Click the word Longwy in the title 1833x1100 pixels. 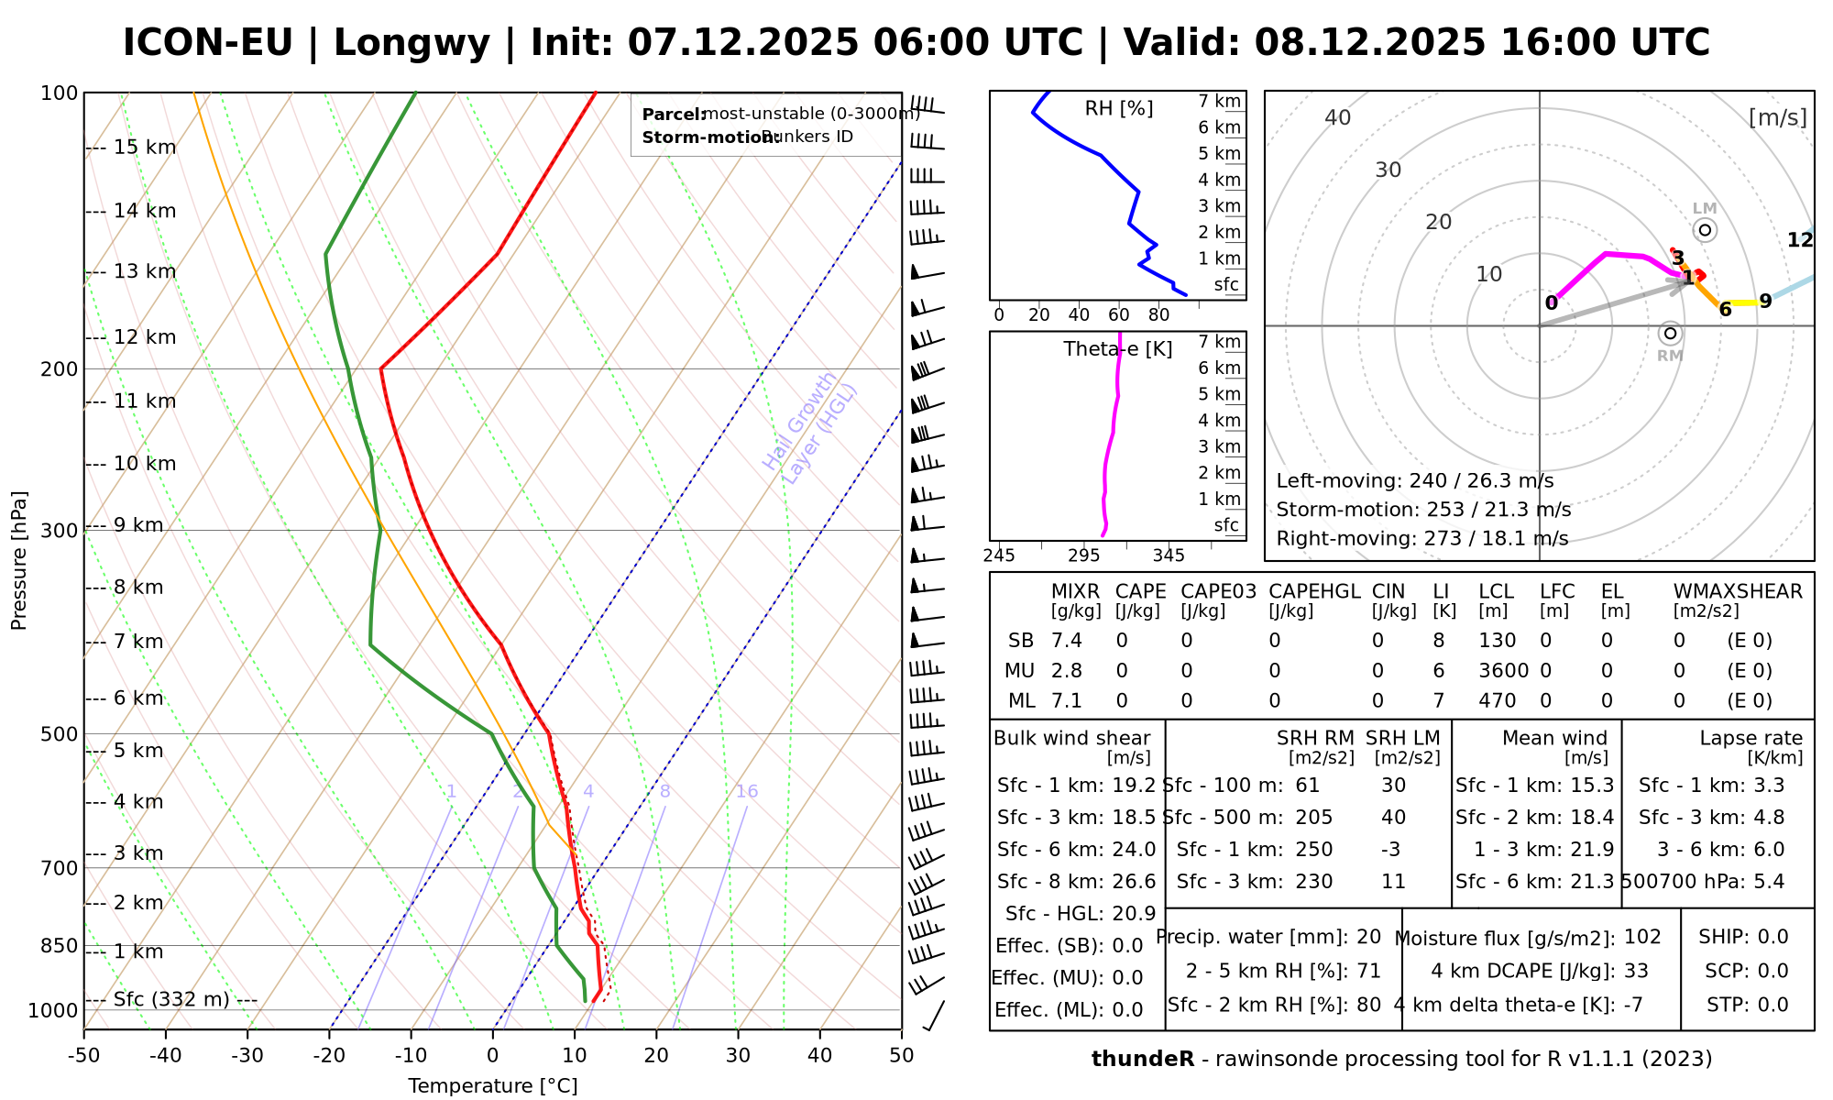click(x=412, y=43)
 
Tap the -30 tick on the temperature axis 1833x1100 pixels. click(x=247, y=1056)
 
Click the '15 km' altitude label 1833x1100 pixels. click(x=145, y=148)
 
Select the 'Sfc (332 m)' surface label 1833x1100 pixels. click(x=171, y=999)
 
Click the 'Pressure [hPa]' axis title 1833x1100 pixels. click(x=19, y=560)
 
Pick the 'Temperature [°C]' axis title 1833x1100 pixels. click(x=492, y=1086)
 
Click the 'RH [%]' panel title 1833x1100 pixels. click(x=1118, y=109)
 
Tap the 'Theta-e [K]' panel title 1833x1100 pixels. click(x=1118, y=349)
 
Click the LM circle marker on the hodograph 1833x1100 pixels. click(x=1705, y=230)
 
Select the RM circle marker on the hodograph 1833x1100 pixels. click(x=1670, y=334)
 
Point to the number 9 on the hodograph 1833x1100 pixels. click(x=1765, y=302)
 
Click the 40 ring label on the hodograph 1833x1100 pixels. click(x=1338, y=117)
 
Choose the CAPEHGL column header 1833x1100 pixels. click(x=1314, y=592)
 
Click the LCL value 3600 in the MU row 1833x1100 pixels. click(x=1503, y=671)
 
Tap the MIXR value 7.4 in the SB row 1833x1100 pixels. click(x=1067, y=641)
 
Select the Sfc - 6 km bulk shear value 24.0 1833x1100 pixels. click(x=1134, y=850)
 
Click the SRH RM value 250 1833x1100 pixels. click(x=1313, y=850)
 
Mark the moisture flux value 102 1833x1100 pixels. click(x=1642, y=937)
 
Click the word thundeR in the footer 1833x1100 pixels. click(x=1142, y=1060)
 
